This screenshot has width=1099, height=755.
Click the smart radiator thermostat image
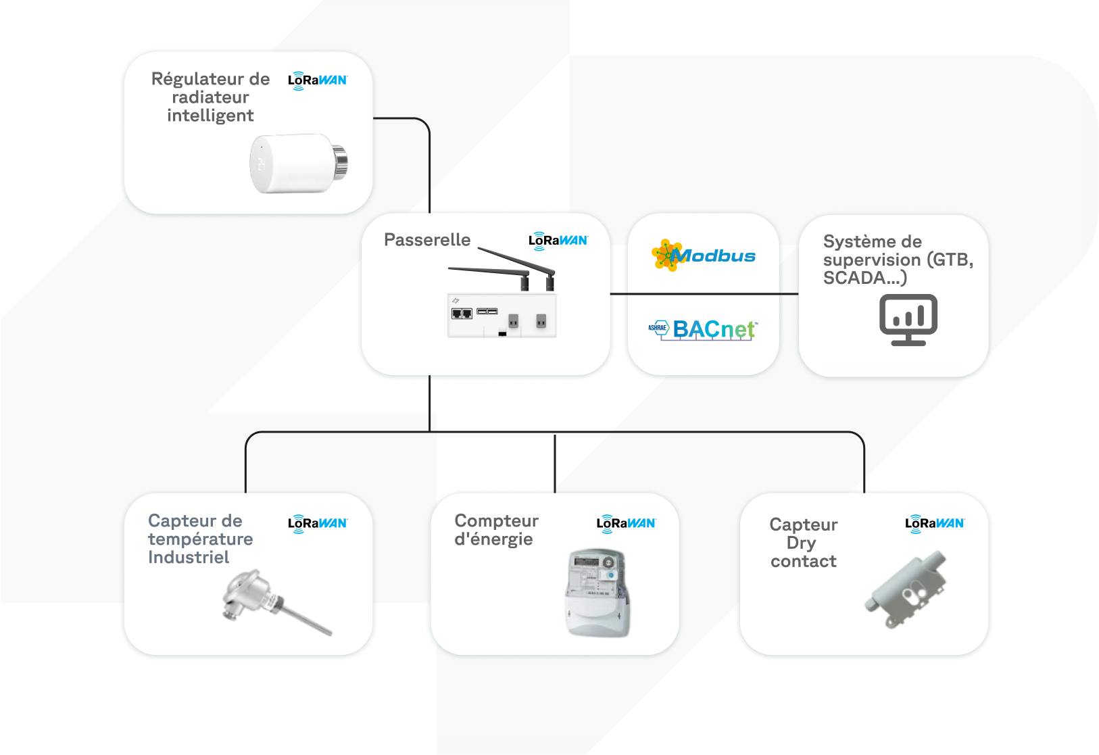point(297,164)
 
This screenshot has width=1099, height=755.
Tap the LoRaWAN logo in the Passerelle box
point(558,241)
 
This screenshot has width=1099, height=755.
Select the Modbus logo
point(704,255)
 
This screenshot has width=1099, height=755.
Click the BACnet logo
point(703,329)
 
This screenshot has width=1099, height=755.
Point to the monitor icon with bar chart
point(908,320)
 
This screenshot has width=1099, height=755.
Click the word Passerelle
point(426,240)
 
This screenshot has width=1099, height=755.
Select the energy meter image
point(598,592)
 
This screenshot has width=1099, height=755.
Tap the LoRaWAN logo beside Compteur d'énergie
point(626,523)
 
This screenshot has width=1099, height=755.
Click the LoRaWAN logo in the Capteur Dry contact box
point(935,523)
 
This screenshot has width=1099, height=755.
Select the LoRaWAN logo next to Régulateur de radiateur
point(318,80)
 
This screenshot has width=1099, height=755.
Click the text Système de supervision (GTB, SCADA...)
point(897,260)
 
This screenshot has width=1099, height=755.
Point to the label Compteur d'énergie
point(495,530)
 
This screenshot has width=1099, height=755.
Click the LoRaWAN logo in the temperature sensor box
point(318,523)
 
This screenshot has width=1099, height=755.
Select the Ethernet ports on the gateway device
point(462,314)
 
